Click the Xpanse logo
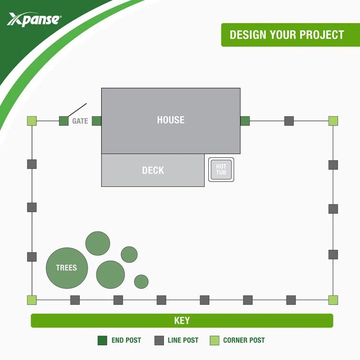pos(34,19)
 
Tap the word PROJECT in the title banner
pos(322,35)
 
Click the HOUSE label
pos(171,120)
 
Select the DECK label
pos(153,170)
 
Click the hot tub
pos(221,169)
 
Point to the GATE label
pos(80,121)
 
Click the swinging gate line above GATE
pos(77,110)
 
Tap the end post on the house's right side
pos(245,121)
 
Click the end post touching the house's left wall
pos(96,121)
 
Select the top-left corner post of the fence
pos(32,121)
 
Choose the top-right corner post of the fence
pos(333,121)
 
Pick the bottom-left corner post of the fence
pos(32,300)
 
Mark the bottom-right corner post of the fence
pos(333,300)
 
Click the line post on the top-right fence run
pos(289,121)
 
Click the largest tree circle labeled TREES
pos(67,268)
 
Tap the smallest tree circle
pos(141,282)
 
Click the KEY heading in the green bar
pos(182,321)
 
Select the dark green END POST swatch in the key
pos(103,340)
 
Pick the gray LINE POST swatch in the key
pos(159,340)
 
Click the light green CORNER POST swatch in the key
pos(215,340)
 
